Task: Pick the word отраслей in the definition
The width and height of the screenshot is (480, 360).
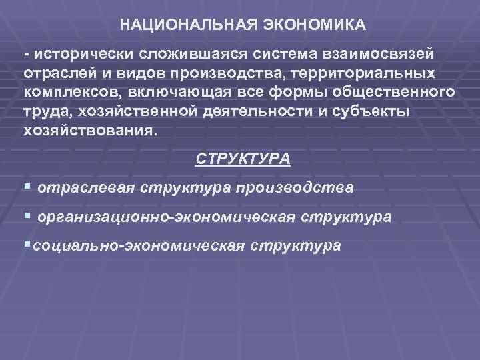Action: pyautogui.click(x=53, y=71)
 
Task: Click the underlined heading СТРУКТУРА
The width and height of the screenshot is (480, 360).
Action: pyautogui.click(x=243, y=160)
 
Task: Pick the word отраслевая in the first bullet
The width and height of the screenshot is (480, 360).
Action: pyautogui.click(x=87, y=189)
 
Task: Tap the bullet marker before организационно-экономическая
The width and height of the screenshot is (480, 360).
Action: pyautogui.click(x=27, y=217)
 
